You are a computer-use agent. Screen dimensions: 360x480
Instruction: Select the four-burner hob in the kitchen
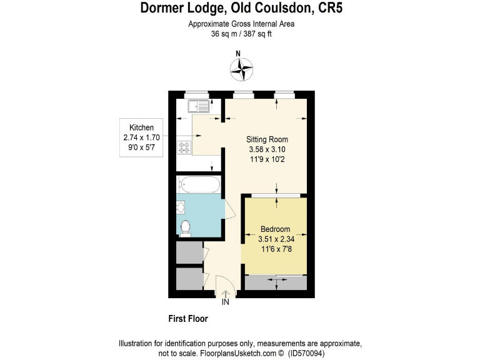(184, 148)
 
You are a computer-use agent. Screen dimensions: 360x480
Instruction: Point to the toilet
(185, 227)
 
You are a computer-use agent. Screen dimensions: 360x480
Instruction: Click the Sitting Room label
(267, 139)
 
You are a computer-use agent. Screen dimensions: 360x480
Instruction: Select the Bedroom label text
(276, 229)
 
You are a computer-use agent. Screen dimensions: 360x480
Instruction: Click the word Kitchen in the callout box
(141, 127)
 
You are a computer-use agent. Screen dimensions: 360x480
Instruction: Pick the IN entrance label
(226, 303)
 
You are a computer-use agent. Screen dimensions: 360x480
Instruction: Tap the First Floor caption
(188, 319)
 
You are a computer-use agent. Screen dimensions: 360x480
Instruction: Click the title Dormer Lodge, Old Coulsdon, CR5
(241, 8)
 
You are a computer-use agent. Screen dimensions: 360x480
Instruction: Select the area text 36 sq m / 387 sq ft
(241, 34)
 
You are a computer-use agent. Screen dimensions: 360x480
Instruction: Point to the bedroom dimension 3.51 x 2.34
(276, 239)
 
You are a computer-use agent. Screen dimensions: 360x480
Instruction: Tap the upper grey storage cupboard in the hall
(188, 252)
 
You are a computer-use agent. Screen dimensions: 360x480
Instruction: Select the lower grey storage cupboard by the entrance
(188, 279)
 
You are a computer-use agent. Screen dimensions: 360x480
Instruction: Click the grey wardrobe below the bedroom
(276, 283)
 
